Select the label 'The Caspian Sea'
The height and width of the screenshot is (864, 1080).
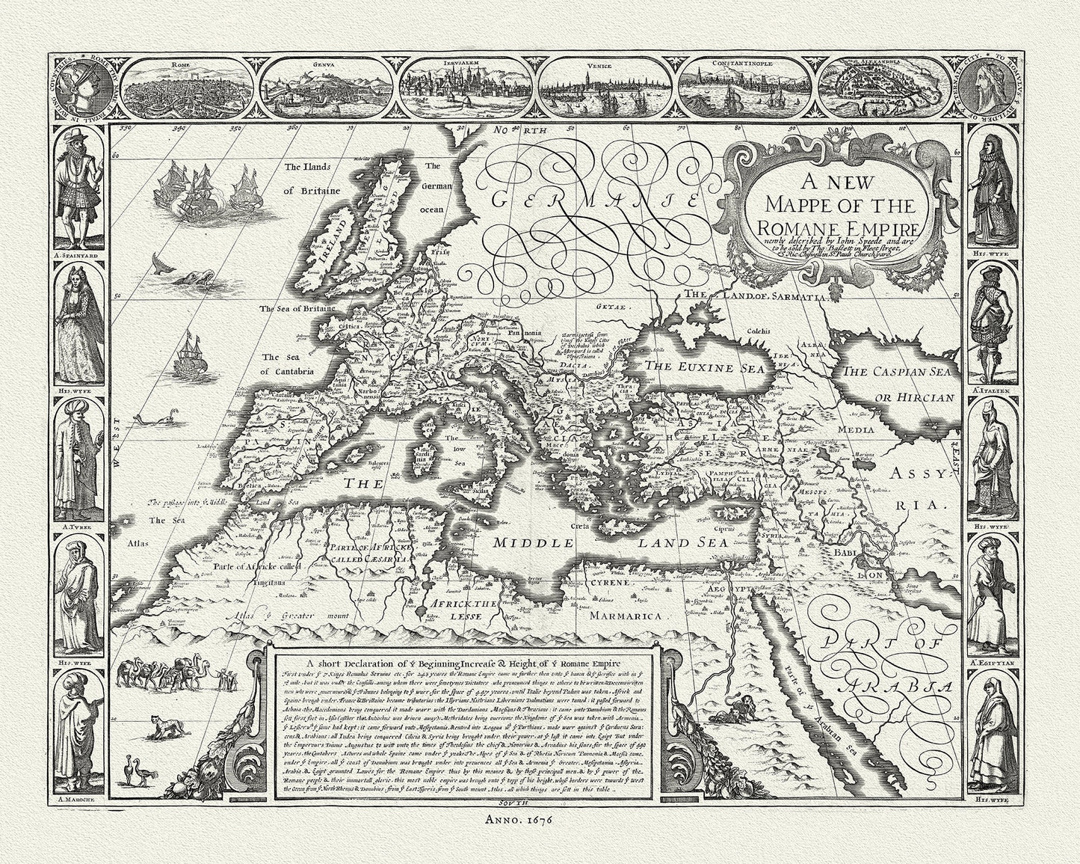(x=899, y=372)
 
